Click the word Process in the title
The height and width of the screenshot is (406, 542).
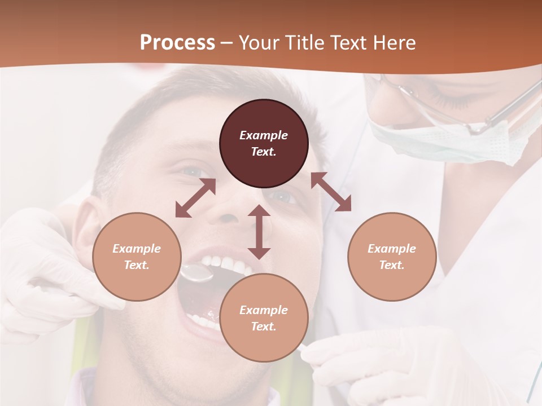coord(177,43)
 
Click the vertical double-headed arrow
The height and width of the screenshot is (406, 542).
coord(259,232)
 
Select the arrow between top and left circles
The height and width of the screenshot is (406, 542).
coord(195,198)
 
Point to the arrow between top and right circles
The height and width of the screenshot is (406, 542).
coord(331,192)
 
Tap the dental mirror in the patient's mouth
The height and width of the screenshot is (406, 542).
coord(196,273)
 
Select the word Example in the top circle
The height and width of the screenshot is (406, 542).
coord(264,135)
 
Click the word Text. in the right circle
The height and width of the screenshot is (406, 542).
coord(392,265)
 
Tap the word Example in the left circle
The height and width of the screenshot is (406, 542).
coord(137,249)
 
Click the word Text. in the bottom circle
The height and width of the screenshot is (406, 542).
coord(264,326)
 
